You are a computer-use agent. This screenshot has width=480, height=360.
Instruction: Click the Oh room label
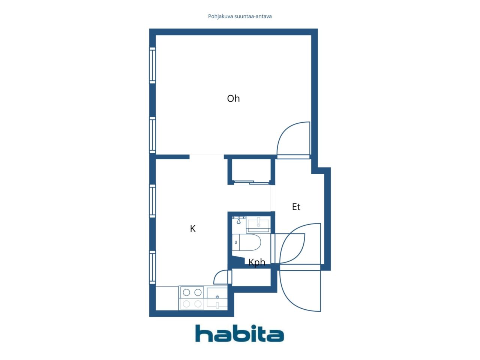[x=233, y=98]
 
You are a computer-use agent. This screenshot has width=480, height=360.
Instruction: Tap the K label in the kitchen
[x=193, y=228]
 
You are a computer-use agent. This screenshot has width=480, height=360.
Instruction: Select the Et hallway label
[x=296, y=207]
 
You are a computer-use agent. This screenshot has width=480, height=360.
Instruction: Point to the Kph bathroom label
[x=257, y=262]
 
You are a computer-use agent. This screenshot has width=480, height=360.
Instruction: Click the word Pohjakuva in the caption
[x=220, y=16]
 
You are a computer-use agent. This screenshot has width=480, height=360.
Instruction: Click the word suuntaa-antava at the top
[x=253, y=16]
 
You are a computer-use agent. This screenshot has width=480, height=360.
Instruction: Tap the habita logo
[x=239, y=333]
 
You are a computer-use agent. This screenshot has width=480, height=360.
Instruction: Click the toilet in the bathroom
[x=247, y=243]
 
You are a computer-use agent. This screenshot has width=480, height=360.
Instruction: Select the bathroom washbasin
[x=258, y=224]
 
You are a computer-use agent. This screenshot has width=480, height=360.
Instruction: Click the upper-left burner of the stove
[x=186, y=292]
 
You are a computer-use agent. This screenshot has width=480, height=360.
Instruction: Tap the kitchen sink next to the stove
[x=217, y=298]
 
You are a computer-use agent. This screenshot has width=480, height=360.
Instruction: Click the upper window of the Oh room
[x=152, y=65]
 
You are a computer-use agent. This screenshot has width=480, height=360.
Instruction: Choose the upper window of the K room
[x=152, y=201]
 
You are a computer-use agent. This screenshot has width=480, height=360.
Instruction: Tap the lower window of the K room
[x=152, y=267]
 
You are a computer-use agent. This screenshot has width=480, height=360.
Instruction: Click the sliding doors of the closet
[x=252, y=183]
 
